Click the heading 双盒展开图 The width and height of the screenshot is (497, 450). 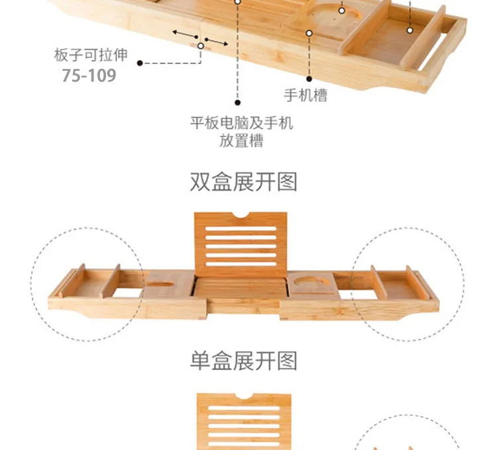[x=243, y=181]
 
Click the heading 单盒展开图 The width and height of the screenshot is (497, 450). [x=243, y=361]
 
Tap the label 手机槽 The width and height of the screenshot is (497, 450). [x=305, y=95]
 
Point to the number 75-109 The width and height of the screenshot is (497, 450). [x=89, y=75]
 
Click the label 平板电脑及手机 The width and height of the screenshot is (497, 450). [x=241, y=123]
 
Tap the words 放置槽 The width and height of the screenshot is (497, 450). [x=241, y=141]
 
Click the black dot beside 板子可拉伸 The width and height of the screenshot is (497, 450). [x=140, y=64]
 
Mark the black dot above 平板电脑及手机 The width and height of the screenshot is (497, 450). [x=238, y=103]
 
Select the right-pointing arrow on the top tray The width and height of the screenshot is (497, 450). [x=217, y=42]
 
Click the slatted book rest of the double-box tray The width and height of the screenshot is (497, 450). [x=241, y=244]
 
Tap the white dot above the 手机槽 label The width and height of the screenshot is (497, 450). [x=309, y=32]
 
